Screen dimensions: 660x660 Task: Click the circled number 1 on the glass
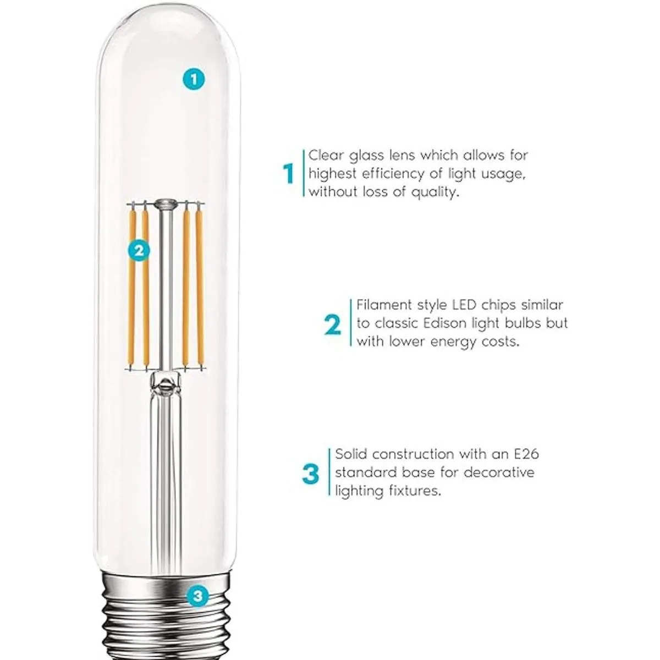[194, 79]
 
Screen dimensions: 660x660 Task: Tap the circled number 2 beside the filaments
[139, 251]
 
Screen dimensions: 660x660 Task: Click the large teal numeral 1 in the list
[289, 174]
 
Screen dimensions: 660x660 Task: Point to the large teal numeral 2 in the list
[333, 326]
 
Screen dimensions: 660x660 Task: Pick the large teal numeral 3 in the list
[311, 474]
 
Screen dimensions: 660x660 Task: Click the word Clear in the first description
[326, 155]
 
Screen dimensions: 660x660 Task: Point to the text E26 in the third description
[526, 454]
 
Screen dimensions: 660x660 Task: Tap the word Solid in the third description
[351, 454]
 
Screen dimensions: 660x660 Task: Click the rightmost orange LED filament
[199, 288]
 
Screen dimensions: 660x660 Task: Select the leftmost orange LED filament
[132, 288]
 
